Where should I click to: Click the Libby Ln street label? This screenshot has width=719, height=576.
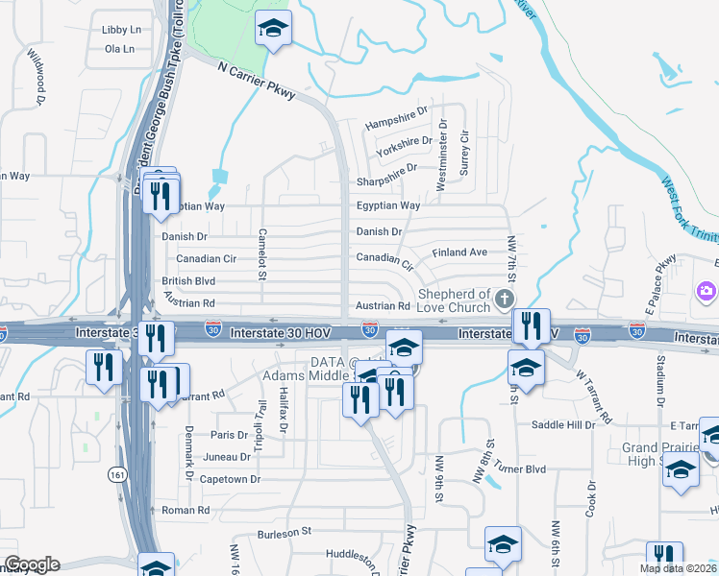pos(121,30)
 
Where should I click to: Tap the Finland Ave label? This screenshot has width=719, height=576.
pos(459,252)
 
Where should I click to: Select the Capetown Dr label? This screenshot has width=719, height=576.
pos(229,479)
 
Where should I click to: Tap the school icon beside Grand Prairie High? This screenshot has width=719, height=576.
pos(681,469)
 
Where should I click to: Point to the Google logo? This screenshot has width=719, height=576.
pos(32,565)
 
